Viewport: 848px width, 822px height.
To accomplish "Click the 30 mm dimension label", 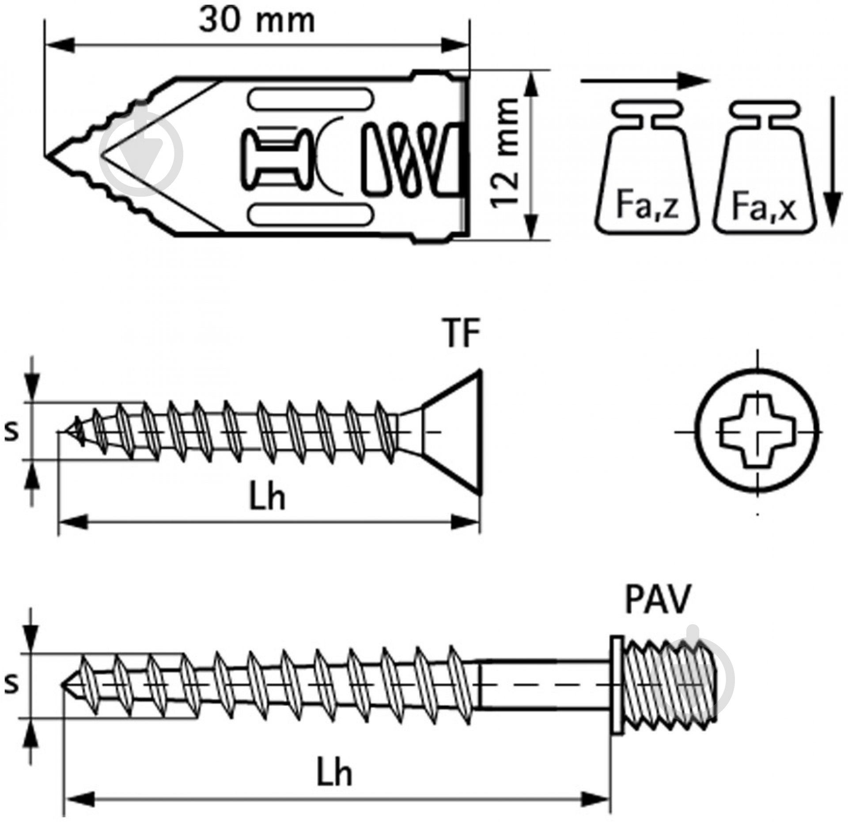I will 257,21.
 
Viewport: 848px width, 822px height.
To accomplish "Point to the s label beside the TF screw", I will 11,432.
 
